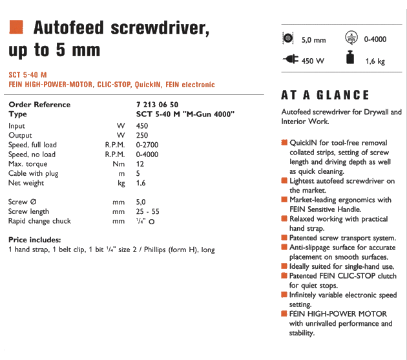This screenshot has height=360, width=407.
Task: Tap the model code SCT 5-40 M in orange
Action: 28,75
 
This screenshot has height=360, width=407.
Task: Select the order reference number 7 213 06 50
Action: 158,105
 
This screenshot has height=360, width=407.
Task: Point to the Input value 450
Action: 142,126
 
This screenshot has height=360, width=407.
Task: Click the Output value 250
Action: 142,135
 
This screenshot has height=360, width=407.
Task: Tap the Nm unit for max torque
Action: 120,164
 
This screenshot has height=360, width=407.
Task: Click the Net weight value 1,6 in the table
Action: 141,183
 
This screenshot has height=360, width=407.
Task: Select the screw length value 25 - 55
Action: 147,211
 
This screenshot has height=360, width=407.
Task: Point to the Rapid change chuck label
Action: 39,221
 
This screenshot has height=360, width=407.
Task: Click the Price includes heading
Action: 36,240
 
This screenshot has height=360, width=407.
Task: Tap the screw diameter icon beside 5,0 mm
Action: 288,39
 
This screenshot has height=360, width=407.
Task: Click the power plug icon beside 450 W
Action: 288,59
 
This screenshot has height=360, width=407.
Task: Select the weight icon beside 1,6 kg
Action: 350,59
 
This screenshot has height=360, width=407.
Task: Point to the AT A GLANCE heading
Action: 325,95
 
